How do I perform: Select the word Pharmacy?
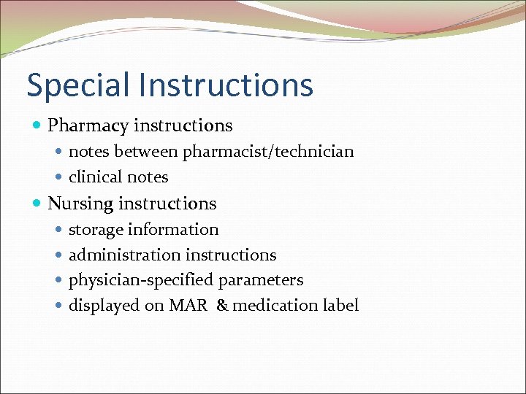(87, 126)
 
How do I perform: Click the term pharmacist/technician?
(268, 152)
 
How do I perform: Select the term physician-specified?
(140, 281)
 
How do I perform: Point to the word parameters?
(261, 281)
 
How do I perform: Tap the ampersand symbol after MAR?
(222, 306)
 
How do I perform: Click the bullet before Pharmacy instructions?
(38, 127)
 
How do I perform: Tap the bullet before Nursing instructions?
(38, 204)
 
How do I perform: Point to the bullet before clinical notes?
(59, 178)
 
